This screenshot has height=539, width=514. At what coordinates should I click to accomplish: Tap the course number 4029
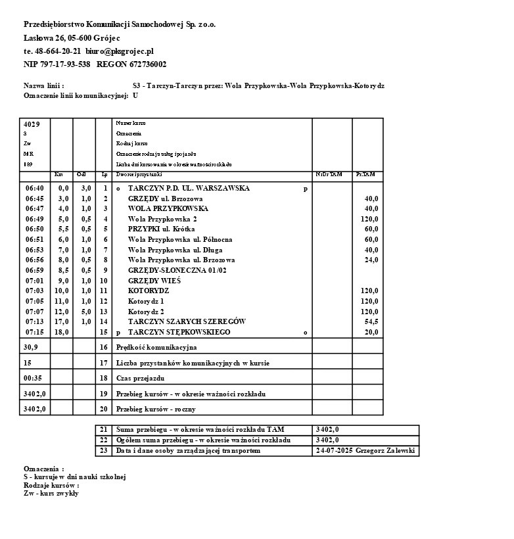32,124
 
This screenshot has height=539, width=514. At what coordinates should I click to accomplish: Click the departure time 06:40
34,188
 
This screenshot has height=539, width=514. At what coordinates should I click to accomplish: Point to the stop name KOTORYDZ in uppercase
149,291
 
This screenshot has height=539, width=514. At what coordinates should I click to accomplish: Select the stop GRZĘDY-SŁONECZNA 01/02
177,270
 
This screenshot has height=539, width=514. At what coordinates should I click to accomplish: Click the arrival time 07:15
34,332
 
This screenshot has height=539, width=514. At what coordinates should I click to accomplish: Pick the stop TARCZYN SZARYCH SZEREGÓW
187,321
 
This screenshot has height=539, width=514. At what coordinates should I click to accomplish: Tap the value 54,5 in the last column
371,321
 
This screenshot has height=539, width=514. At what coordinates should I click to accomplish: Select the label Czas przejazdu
141,378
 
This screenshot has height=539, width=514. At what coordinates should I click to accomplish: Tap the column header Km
58,174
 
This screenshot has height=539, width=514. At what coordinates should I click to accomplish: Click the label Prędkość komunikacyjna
156,347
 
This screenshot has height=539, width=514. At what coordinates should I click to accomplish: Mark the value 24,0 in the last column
371,260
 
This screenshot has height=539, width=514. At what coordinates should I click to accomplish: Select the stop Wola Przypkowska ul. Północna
180,239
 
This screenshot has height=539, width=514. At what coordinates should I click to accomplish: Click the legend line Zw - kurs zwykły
51,493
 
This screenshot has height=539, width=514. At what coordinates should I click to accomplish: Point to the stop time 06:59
34,270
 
